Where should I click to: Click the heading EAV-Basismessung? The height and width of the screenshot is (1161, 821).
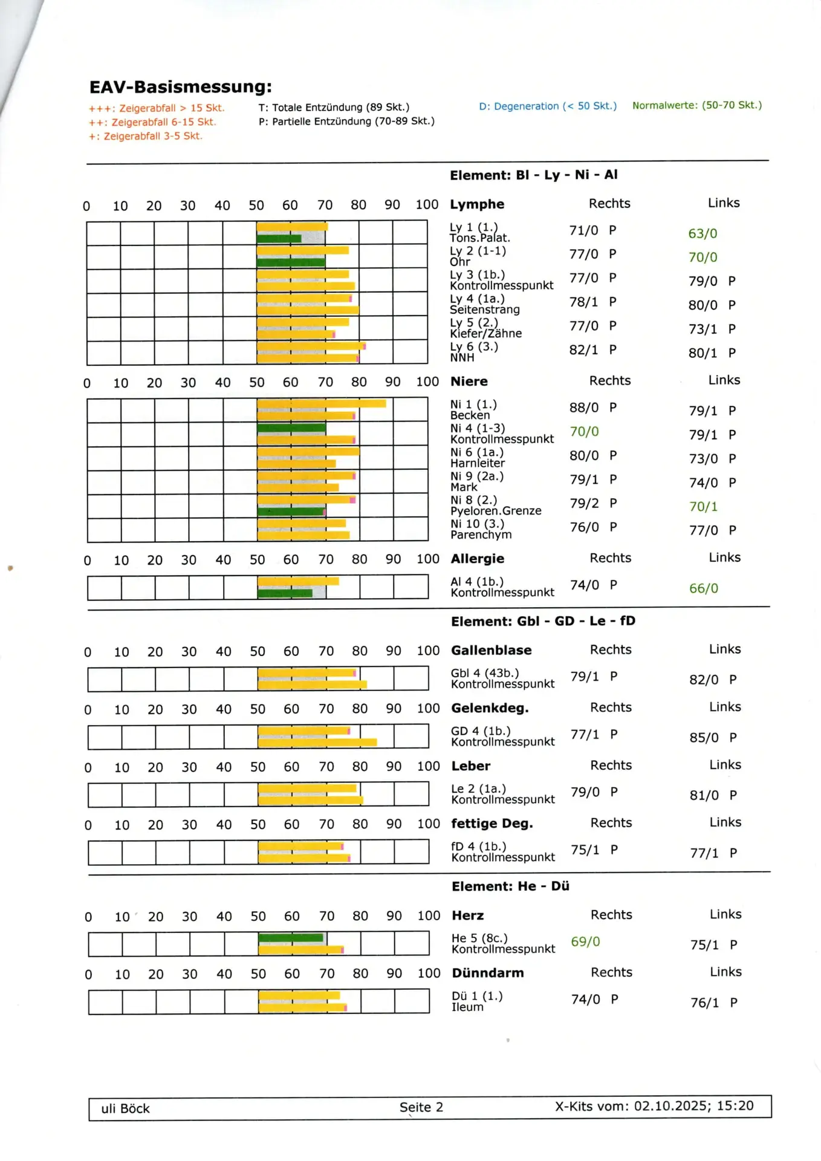[x=180, y=87]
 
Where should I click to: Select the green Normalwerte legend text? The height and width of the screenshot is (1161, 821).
[x=696, y=105]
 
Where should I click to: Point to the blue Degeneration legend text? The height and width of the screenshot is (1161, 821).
[x=548, y=106]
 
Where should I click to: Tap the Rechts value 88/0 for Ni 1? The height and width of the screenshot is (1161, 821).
[x=583, y=408]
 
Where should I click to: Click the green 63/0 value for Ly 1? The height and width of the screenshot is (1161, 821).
[x=703, y=233]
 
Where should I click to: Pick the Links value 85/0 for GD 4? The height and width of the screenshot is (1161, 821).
[x=704, y=738]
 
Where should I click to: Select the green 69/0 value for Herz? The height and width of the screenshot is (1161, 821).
[x=585, y=941]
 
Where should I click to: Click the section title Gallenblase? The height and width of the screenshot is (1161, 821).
[x=491, y=650]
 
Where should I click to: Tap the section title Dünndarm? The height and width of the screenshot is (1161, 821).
[x=487, y=973]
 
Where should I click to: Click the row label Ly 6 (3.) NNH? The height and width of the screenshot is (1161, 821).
[x=473, y=352]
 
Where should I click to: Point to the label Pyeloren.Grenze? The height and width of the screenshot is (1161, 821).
[x=496, y=511]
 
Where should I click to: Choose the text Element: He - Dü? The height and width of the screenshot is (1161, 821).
[x=510, y=886]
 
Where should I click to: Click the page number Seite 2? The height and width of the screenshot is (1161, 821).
[x=421, y=1107]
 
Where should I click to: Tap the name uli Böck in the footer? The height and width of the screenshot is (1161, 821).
[x=125, y=1108]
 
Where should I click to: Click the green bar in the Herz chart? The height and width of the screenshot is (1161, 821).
[x=291, y=938]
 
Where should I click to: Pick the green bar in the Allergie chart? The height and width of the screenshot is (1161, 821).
[x=285, y=593]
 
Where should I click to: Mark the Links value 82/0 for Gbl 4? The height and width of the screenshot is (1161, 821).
[x=704, y=680]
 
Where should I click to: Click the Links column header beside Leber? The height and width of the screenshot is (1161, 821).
[x=725, y=765]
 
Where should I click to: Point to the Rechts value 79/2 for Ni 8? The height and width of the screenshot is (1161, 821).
[x=584, y=503]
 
